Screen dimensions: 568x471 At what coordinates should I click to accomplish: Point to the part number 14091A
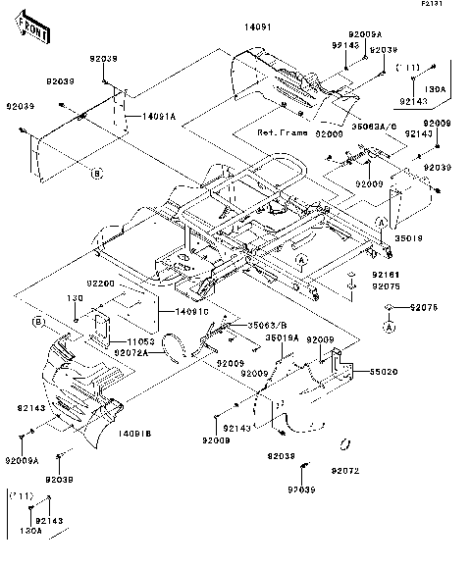tap(158, 117)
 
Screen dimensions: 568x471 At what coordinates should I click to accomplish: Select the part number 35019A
tap(282, 338)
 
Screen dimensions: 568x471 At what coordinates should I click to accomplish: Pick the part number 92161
tap(385, 276)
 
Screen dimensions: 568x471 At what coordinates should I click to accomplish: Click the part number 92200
tap(101, 284)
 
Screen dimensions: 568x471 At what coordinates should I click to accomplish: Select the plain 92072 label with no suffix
tap(343, 472)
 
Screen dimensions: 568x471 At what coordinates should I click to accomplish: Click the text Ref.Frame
tap(283, 133)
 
